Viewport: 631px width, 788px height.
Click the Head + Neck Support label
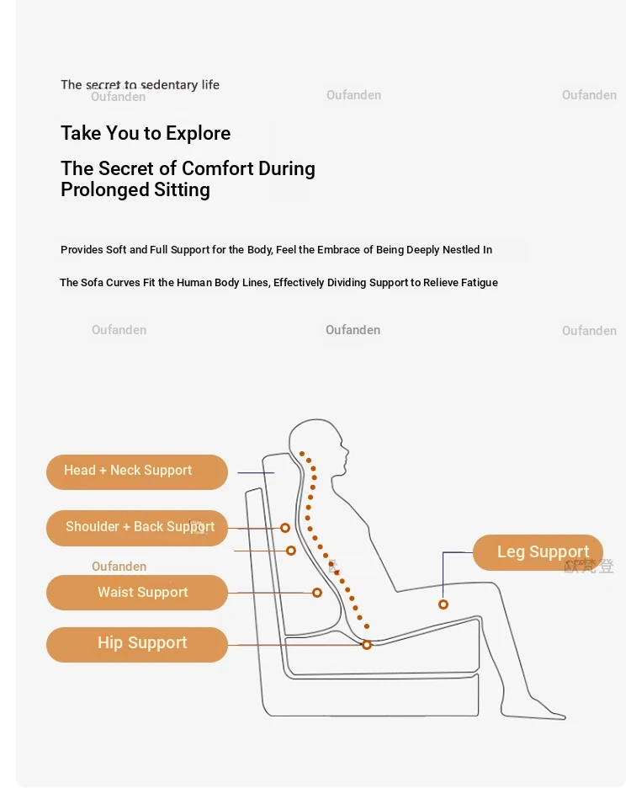[136, 472]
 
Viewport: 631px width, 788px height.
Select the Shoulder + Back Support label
[136, 528]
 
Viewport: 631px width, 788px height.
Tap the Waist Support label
[136, 593]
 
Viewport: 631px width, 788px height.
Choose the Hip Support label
[136, 645]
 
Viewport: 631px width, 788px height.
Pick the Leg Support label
[538, 552]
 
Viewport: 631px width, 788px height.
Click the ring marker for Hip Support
[367, 645]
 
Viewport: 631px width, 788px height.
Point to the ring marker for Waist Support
[317, 593]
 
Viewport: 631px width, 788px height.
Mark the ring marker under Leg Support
[443, 604]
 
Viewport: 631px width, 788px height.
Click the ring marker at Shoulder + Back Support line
[285, 528]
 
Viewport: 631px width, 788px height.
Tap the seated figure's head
[317, 442]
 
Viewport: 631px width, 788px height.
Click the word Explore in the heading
[198, 134]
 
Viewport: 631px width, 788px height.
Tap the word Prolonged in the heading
[105, 190]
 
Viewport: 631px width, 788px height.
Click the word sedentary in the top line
[169, 85]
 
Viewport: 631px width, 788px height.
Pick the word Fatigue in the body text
[480, 283]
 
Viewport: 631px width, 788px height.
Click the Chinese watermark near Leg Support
[589, 567]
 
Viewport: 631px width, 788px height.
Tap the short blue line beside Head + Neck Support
[256, 473]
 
